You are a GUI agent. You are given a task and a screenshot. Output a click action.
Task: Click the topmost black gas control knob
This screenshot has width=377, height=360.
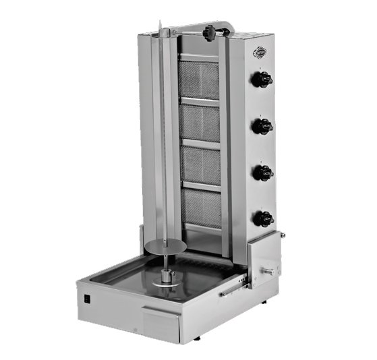coord(263,80)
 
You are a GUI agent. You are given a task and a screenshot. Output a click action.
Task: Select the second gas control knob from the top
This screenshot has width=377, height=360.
coord(263,126)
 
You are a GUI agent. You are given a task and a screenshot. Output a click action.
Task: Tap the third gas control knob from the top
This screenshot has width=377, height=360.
coord(263,173)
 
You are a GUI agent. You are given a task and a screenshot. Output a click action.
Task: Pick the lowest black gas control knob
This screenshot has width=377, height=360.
coord(264,218)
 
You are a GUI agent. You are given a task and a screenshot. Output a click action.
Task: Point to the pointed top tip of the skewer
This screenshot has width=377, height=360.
coord(161,24)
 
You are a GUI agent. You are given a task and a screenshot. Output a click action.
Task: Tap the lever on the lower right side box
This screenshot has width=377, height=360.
coord(268,271)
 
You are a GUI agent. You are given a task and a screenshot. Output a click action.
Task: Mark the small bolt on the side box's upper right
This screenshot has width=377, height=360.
coord(282,235)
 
